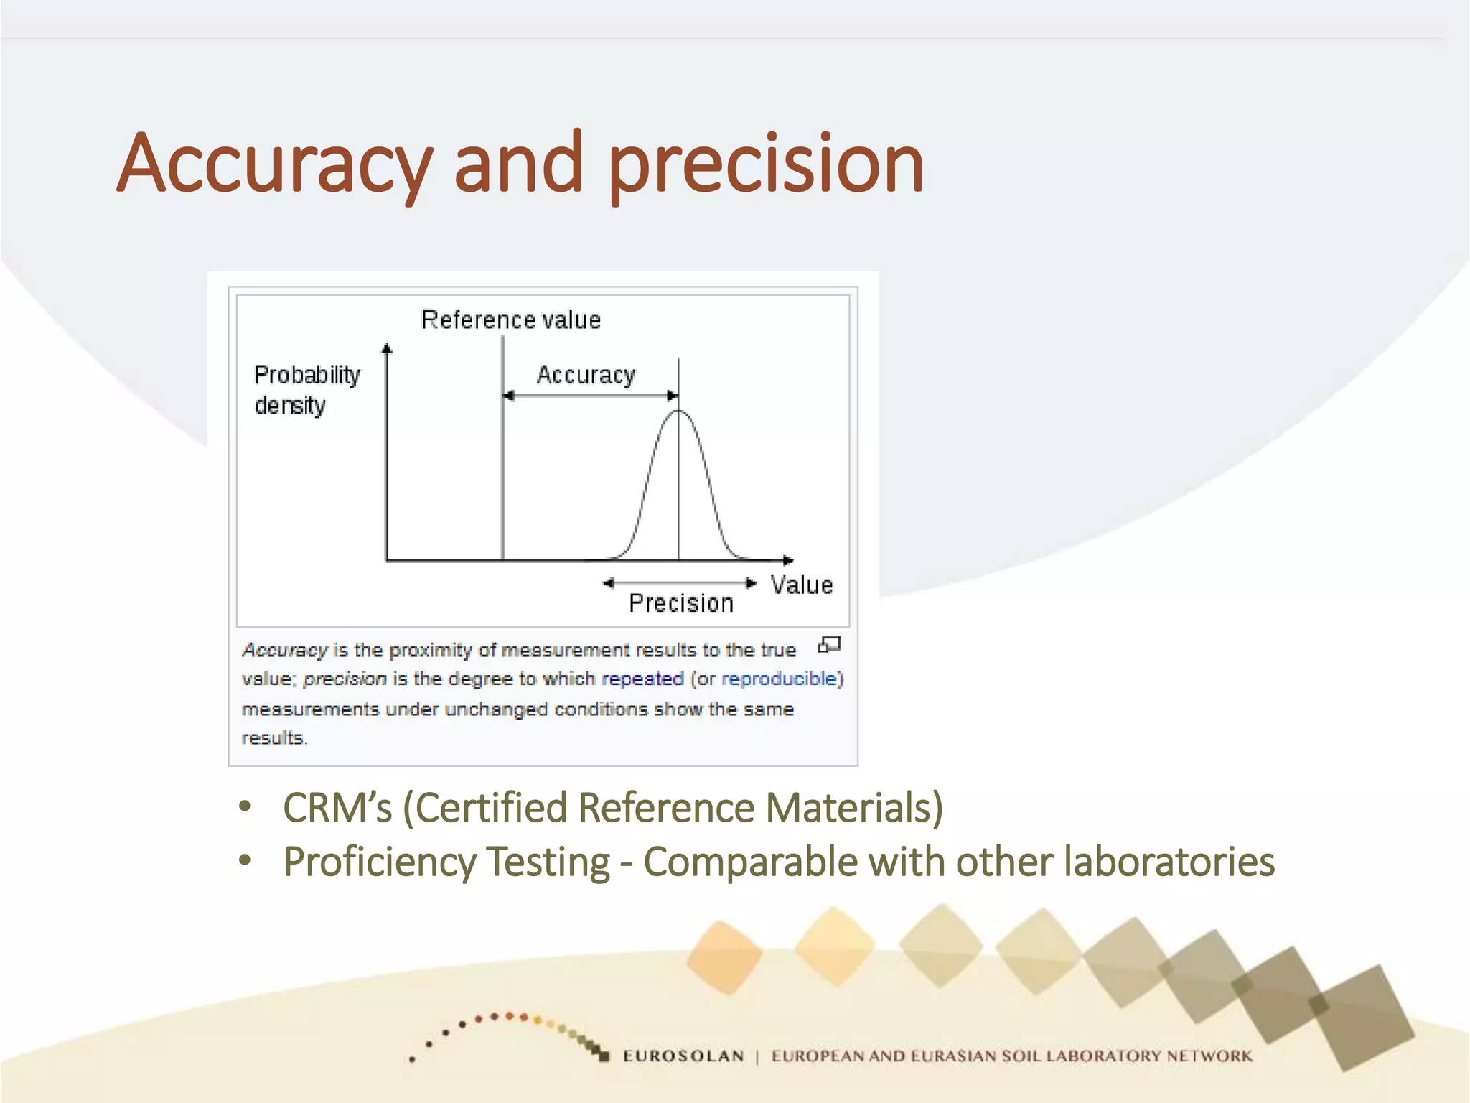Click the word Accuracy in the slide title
[x=274, y=165]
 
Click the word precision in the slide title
[x=765, y=165]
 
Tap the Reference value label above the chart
[x=510, y=320]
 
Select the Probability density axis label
[x=306, y=390]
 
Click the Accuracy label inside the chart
[x=586, y=375]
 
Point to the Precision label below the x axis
[x=680, y=603]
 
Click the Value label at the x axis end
[x=801, y=585]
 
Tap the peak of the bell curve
[x=678, y=412]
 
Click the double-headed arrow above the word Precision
[x=679, y=583]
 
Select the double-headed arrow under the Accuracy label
[x=590, y=396]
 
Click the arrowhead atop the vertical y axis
[x=387, y=349]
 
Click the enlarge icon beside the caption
[x=829, y=645]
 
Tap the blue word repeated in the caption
[x=642, y=679]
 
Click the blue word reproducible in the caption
[x=780, y=679]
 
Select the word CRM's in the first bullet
[x=337, y=808]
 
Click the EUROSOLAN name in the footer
[x=683, y=1056]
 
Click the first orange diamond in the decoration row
[x=724, y=957]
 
